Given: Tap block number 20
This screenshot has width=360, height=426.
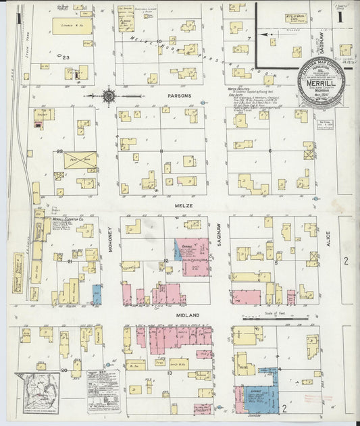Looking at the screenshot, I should tap(65, 370).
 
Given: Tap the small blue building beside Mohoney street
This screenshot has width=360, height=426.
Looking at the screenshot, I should tap(97, 294).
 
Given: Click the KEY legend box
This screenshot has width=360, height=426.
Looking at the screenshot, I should tap(102, 391).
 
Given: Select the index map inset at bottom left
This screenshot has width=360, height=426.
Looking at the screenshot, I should tap(38, 393).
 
